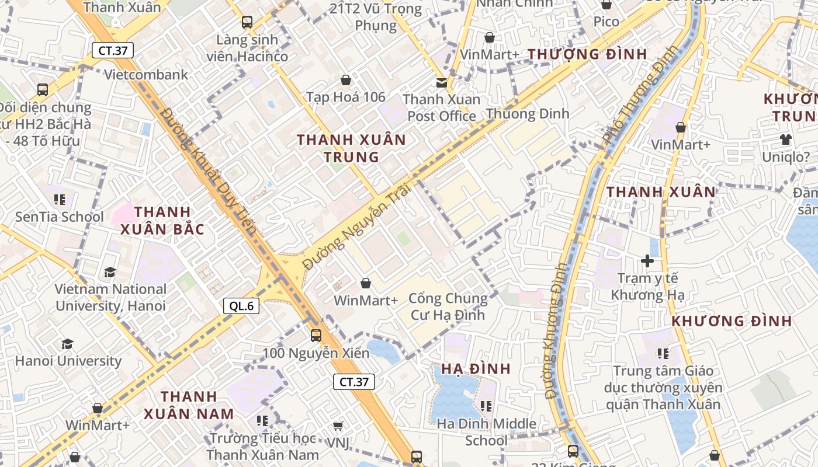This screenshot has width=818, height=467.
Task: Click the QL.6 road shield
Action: click(x=241, y=305)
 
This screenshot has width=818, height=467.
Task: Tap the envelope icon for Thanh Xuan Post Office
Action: click(x=442, y=83)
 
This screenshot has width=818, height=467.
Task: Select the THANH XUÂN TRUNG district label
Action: click(x=351, y=148)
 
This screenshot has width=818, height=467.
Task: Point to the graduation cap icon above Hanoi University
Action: click(x=68, y=344)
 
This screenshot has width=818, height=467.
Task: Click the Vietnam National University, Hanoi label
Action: click(x=110, y=297)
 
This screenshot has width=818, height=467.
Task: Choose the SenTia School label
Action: click(x=59, y=217)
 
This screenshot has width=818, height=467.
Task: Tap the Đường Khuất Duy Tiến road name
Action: click(x=209, y=171)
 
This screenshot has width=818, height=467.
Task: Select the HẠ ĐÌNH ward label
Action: click(x=476, y=369)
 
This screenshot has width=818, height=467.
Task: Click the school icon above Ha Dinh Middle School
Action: click(x=486, y=406)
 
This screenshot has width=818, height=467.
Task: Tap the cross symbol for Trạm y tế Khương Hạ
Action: click(x=647, y=261)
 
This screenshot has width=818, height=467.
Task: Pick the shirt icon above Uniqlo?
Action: click(x=786, y=140)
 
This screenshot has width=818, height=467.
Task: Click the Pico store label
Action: click(x=606, y=22)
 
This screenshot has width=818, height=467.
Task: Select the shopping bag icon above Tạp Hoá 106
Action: click(x=346, y=80)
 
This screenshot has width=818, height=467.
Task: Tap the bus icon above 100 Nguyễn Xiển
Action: click(x=316, y=336)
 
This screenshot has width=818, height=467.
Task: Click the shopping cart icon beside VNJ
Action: click(x=338, y=426)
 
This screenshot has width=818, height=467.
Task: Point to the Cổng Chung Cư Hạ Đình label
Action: click(x=448, y=306)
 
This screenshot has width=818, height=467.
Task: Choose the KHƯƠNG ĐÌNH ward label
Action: click(x=732, y=321)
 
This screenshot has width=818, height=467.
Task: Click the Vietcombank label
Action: click(x=146, y=74)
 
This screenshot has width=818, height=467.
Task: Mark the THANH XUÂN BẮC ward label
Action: click(x=162, y=220)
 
